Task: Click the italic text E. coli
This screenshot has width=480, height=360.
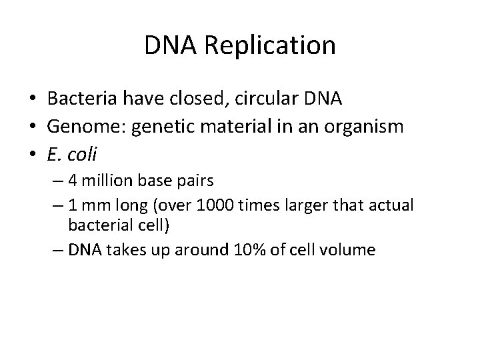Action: tap(72, 155)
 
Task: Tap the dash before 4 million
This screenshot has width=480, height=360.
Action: tap(57, 181)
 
